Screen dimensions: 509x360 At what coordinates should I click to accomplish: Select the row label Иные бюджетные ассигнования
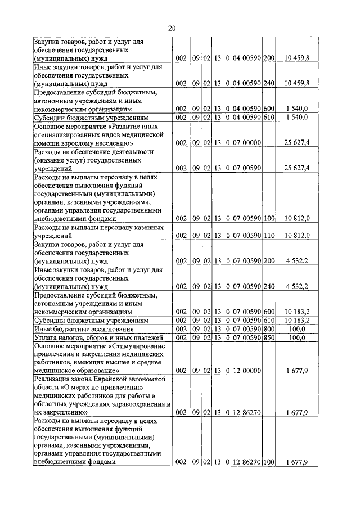(83, 328)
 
